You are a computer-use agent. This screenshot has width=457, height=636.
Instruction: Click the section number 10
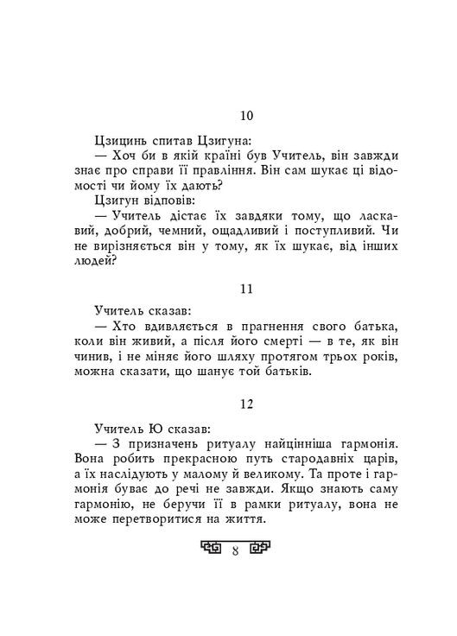pyautogui.click(x=245, y=116)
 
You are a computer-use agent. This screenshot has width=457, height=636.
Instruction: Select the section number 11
pyautogui.click(x=245, y=288)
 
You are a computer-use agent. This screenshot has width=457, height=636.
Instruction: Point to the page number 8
pyautogui.click(x=236, y=549)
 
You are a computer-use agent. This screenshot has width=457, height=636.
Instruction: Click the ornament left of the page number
pyautogui.click(x=211, y=548)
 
